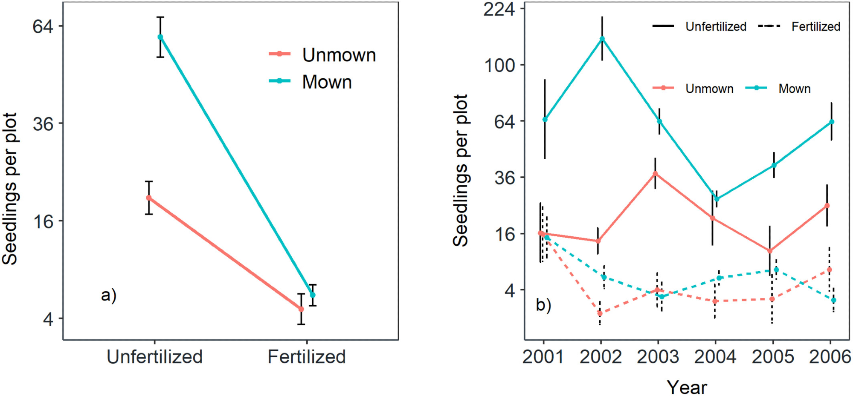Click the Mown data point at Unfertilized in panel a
click(x=160, y=37)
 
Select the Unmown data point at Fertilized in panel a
click(x=301, y=309)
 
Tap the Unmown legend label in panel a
click(x=339, y=55)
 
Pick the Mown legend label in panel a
click(x=327, y=82)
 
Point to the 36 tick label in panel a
click(x=43, y=123)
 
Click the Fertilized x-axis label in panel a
click(x=306, y=357)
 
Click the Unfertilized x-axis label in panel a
click(x=154, y=357)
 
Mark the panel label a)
click(x=109, y=295)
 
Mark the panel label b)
click(x=543, y=305)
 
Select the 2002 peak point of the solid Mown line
click(x=602, y=39)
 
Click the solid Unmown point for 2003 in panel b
click(x=656, y=173)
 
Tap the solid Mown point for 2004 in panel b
click(x=717, y=199)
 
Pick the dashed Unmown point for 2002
click(x=600, y=313)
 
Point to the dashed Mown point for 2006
click(x=833, y=300)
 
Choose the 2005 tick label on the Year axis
click(x=772, y=357)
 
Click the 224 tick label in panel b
click(x=499, y=9)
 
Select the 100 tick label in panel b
click(x=499, y=65)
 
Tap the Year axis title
click(x=687, y=387)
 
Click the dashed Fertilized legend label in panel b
click(x=815, y=26)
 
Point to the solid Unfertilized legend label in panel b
click(x=716, y=26)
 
